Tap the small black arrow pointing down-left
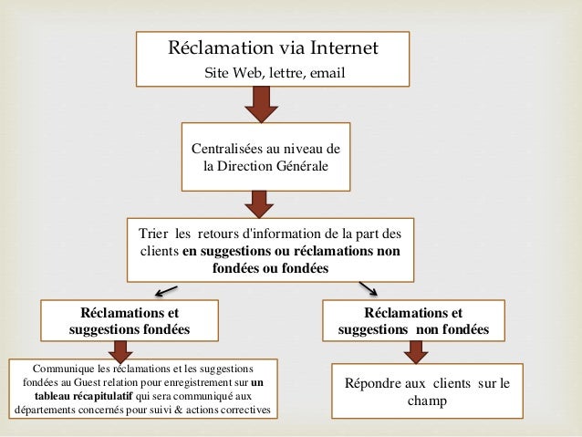[x=164, y=290]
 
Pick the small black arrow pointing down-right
[x=368, y=288]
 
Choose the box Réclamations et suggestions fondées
[x=130, y=320]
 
